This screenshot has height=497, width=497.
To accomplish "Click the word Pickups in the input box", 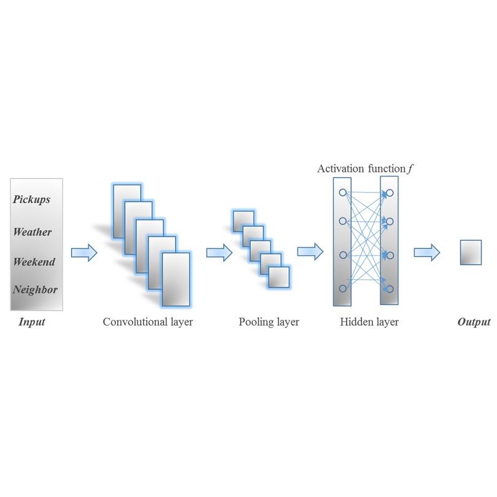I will click(x=32, y=199).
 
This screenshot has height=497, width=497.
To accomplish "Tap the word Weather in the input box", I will click(x=33, y=232).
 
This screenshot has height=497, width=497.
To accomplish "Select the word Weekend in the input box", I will click(x=34, y=262).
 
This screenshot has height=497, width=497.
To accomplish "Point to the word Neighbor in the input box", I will click(x=35, y=290).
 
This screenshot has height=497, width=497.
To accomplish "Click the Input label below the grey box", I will click(x=32, y=322).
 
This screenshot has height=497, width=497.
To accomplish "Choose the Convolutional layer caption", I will click(x=148, y=322).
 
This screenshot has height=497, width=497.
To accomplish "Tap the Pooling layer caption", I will click(x=269, y=322).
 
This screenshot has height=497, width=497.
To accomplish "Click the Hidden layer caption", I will click(x=369, y=322).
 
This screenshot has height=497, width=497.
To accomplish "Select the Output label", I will click(x=474, y=322).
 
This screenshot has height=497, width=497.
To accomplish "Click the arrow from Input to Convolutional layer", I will click(x=84, y=252).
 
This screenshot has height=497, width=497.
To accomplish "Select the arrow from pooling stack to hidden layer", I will click(x=310, y=251).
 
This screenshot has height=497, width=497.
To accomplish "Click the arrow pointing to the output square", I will click(x=426, y=252).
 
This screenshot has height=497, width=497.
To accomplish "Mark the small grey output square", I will click(x=471, y=252).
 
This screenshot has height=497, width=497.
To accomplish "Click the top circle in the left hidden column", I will click(x=342, y=193).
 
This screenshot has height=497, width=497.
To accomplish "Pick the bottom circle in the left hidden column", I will click(x=342, y=288).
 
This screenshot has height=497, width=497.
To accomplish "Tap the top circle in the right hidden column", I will click(x=390, y=193).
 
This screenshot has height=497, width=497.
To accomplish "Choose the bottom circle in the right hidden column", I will click(x=390, y=288).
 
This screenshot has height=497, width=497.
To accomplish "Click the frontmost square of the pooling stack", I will click(x=279, y=277).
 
